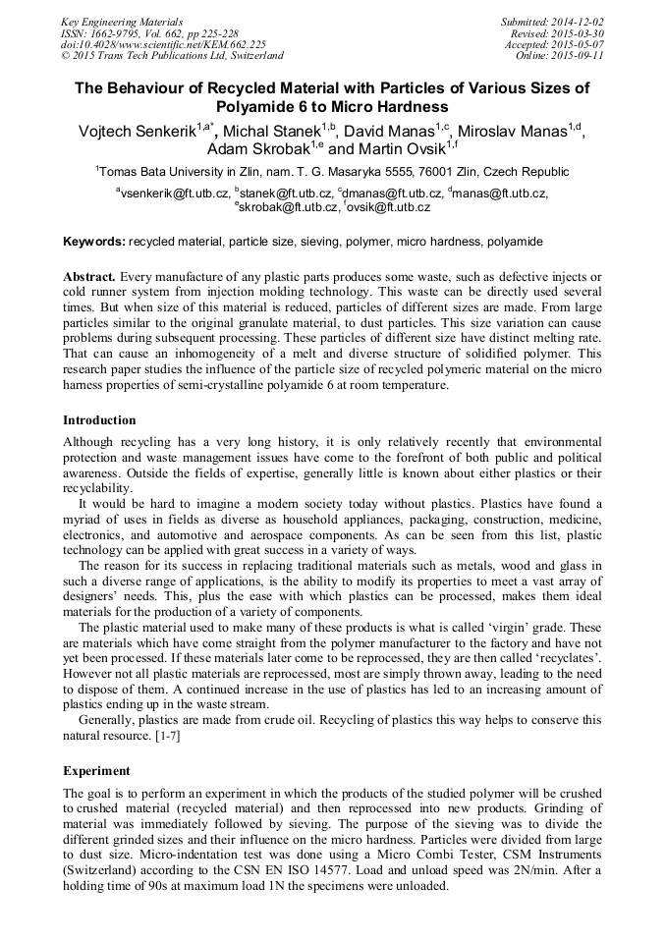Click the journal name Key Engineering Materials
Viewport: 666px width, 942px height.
tap(121, 22)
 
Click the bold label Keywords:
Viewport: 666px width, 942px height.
tap(94, 242)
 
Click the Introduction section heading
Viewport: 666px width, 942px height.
tap(99, 420)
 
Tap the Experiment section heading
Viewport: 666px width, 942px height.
tap(96, 770)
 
